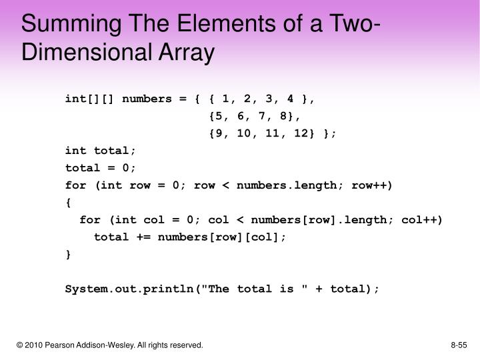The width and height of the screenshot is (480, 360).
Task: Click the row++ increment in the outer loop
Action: tap(375, 185)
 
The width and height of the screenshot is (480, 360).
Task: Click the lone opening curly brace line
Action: tap(68, 202)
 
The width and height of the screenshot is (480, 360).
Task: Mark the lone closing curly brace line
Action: tap(68, 254)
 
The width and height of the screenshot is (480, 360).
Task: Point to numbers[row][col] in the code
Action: tap(219, 237)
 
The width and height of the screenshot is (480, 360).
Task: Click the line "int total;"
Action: tap(101, 150)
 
